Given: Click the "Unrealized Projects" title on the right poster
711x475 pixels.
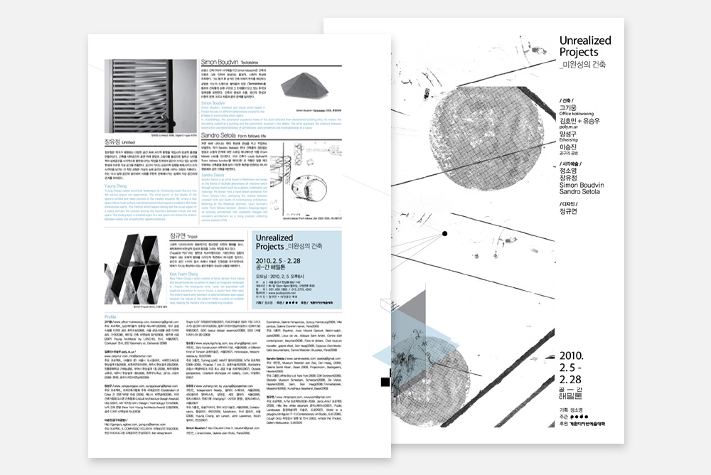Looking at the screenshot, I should click(x=584, y=46).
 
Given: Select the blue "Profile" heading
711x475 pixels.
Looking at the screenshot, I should click(x=110, y=316).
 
